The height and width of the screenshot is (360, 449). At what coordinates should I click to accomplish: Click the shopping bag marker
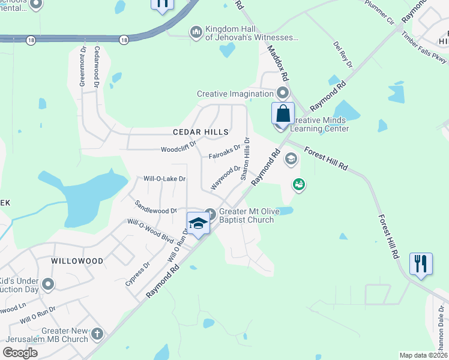pos(283,113)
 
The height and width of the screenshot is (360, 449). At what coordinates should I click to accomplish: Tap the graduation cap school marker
pos(198,223)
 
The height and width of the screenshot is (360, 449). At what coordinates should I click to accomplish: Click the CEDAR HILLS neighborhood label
pos(200,132)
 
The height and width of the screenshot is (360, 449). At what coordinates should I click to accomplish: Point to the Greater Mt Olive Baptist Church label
pos(246,215)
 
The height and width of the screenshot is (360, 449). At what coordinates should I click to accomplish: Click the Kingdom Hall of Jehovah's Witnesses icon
pos(196,31)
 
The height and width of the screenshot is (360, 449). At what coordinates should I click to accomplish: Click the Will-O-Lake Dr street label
pos(164,179)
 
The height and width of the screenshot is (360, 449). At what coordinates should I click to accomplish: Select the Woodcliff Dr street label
pos(179,149)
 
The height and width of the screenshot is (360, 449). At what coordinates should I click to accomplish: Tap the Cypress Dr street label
pos(138,273)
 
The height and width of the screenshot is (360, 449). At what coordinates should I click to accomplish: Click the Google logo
pos(20,353)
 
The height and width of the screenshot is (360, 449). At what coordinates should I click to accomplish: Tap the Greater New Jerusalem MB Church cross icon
pos(97,333)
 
